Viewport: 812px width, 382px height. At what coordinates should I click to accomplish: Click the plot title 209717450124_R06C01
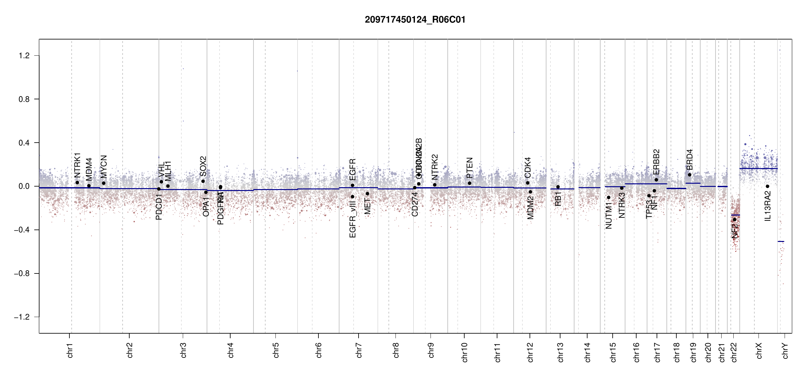click(415, 20)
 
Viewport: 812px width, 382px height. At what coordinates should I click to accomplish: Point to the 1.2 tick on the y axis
click(24, 56)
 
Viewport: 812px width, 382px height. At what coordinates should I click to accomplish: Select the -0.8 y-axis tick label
click(22, 273)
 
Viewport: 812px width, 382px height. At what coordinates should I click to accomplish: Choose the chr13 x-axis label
click(560, 352)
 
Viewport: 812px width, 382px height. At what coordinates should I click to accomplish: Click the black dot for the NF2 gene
click(735, 220)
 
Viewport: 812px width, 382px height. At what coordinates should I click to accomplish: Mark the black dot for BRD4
click(689, 175)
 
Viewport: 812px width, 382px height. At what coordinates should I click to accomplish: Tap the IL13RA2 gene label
click(767, 206)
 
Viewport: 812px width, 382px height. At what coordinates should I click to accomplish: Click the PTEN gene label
click(469, 168)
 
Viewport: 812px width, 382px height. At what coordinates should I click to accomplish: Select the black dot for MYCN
click(103, 183)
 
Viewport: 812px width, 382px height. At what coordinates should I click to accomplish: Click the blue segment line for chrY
click(781, 241)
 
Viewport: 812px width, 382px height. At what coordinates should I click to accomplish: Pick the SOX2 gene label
click(203, 166)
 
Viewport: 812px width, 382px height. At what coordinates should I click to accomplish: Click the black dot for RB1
click(558, 187)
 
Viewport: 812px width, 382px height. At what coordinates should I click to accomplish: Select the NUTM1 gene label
click(609, 217)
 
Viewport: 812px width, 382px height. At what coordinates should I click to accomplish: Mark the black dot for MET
click(367, 194)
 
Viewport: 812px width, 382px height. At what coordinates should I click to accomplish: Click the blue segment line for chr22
click(735, 215)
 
